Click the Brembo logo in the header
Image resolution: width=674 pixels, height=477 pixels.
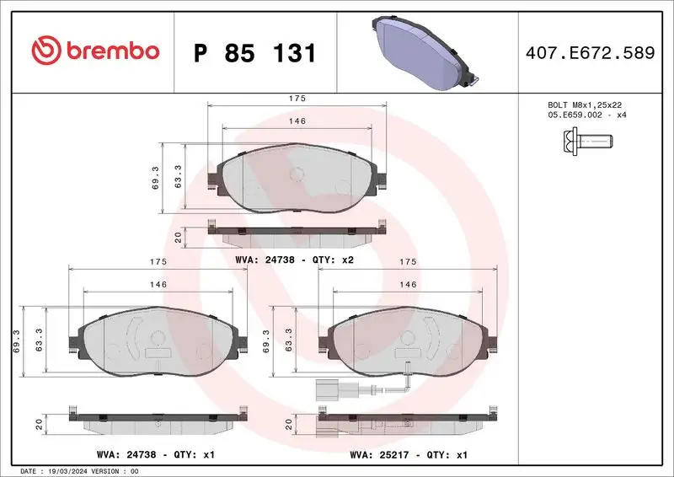[94, 51]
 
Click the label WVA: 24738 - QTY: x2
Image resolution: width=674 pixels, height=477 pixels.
[294, 260]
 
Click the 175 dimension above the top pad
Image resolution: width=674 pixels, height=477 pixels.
[297, 99]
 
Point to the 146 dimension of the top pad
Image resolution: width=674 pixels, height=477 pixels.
[297, 121]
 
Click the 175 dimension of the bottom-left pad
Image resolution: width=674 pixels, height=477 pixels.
[158, 262]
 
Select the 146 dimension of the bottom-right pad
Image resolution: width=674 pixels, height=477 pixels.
[408, 285]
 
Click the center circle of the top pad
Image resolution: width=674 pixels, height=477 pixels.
[296, 174]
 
